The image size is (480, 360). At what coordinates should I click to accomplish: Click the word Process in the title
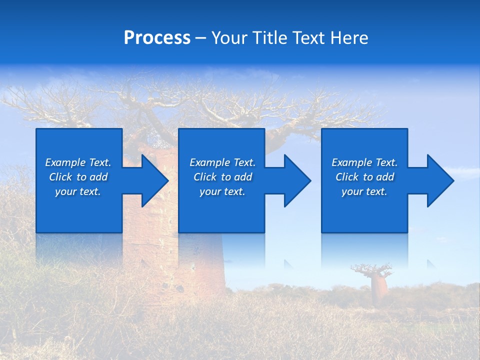(x=157, y=38)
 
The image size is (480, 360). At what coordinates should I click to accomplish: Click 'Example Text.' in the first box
(x=78, y=162)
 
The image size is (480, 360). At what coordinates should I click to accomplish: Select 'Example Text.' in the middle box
(x=222, y=162)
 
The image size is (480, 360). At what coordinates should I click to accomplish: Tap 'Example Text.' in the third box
(x=364, y=162)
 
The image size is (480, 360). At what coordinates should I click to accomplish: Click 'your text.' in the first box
(x=78, y=191)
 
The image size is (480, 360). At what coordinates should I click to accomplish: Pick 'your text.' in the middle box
(x=222, y=191)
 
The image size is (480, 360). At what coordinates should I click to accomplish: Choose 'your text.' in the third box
(x=364, y=191)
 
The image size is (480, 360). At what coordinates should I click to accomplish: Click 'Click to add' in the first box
(x=78, y=177)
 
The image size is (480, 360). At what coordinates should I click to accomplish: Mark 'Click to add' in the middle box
(x=222, y=177)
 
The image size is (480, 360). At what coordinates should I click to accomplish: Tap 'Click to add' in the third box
(x=364, y=177)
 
